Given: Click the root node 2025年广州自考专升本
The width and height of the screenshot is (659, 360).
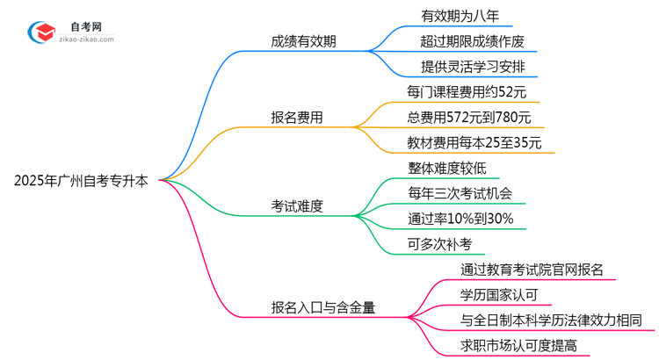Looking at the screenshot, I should tap(81, 181).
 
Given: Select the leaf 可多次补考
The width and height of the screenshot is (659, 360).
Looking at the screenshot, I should tap(435, 244).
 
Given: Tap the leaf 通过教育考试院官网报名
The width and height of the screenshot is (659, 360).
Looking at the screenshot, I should tap(532, 270).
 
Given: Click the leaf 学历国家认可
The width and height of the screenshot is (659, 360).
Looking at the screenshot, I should tap(499, 295).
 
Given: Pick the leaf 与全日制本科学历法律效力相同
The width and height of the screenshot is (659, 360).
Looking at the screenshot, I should tap(551, 320).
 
